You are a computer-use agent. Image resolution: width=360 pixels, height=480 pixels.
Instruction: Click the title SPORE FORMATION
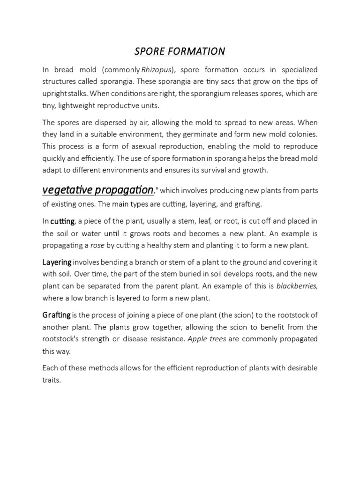click(180, 51)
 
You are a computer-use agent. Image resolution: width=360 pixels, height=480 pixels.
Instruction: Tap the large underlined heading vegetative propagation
click(98, 190)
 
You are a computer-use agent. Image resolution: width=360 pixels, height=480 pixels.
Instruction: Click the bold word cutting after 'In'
click(62, 222)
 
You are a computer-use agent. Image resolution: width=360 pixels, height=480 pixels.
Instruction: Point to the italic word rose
click(97, 245)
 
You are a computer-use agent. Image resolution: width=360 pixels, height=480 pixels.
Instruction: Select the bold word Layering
click(57, 262)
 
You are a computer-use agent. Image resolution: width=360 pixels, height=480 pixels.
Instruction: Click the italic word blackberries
click(296, 286)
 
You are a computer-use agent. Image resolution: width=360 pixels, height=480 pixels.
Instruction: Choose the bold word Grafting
click(57, 315)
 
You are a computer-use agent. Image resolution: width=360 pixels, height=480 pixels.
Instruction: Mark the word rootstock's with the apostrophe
click(60, 338)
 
